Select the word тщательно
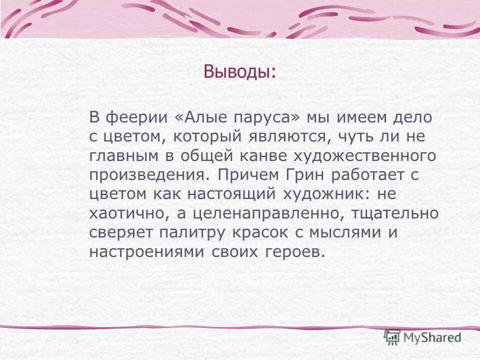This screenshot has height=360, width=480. pos(395,213)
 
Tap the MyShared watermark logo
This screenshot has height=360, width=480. pos(422,337)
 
